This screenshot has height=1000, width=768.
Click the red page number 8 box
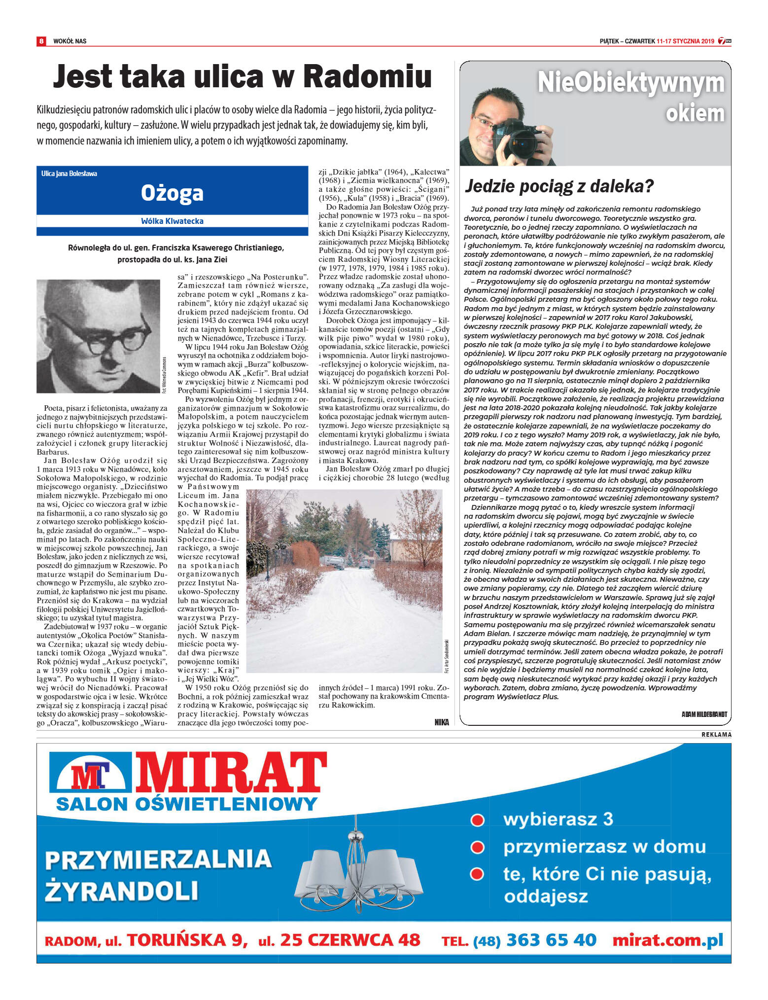pos(41,41)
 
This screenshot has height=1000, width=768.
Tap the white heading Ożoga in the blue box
pos(172,193)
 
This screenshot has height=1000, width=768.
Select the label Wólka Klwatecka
pos(172,221)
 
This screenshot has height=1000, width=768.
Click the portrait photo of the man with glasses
pos(98,336)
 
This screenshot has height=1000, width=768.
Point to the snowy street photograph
pos(344,581)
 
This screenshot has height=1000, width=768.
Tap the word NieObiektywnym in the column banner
pos(630,83)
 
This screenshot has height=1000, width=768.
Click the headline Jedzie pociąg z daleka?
pos(559,186)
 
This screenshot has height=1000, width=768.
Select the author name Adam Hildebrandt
pos(704,714)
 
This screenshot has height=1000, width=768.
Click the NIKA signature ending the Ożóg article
pos(442,722)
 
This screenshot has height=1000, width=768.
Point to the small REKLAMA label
pos(716,735)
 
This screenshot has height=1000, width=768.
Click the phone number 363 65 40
pos(551,940)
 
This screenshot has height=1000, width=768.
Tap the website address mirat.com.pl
pos(668,940)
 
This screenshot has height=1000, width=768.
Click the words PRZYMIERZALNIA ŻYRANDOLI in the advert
pos(158,875)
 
